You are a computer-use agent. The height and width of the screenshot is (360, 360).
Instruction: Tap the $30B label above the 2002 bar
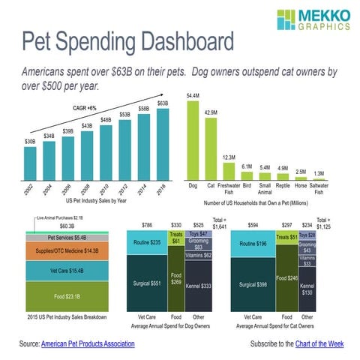point(29,141)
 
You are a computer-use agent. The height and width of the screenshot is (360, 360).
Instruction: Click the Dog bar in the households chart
point(193,140)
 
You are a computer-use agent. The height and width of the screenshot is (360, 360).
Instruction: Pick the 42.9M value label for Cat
point(211,112)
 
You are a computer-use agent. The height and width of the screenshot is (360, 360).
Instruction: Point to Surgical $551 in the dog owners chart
point(145,284)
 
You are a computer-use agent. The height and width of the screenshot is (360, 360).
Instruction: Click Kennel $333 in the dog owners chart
point(199,286)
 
